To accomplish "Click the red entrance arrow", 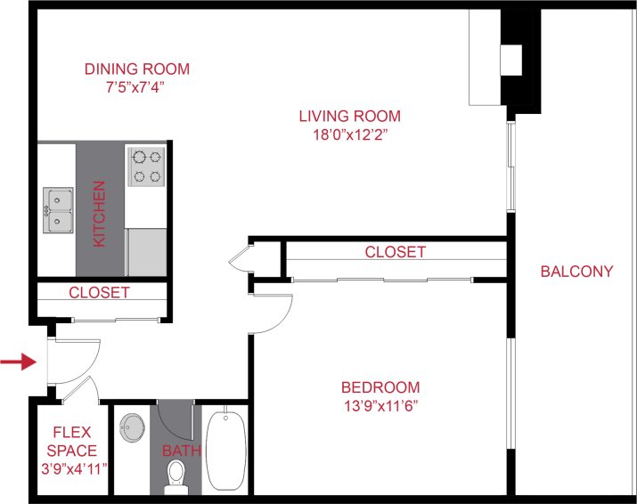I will click(x=18, y=362).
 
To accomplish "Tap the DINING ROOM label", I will click(x=136, y=69).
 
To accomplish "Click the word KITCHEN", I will click(x=100, y=215).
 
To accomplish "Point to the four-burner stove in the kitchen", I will click(x=147, y=167).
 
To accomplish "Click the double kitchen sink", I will click(x=59, y=210).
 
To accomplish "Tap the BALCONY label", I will click(x=576, y=272).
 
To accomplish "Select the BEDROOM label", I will click(x=380, y=387).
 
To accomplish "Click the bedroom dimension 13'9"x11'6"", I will click(x=380, y=405).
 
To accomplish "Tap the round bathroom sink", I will click(x=133, y=429).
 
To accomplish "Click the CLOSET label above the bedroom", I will click(x=395, y=252).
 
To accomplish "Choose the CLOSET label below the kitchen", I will click(x=99, y=292).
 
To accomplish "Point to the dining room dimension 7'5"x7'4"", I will click(x=136, y=87).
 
